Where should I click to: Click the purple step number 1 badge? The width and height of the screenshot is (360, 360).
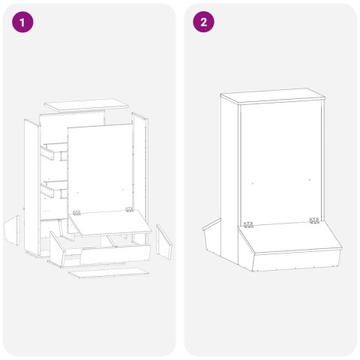(x=23, y=22)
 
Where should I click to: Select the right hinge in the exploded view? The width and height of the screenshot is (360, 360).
(x=129, y=210)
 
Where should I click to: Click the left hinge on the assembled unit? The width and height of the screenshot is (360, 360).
(x=247, y=223)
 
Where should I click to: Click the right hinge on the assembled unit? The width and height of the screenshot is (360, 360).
(x=313, y=220)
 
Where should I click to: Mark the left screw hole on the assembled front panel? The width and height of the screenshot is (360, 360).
(x=253, y=181)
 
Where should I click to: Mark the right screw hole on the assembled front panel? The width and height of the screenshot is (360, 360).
(x=310, y=179)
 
